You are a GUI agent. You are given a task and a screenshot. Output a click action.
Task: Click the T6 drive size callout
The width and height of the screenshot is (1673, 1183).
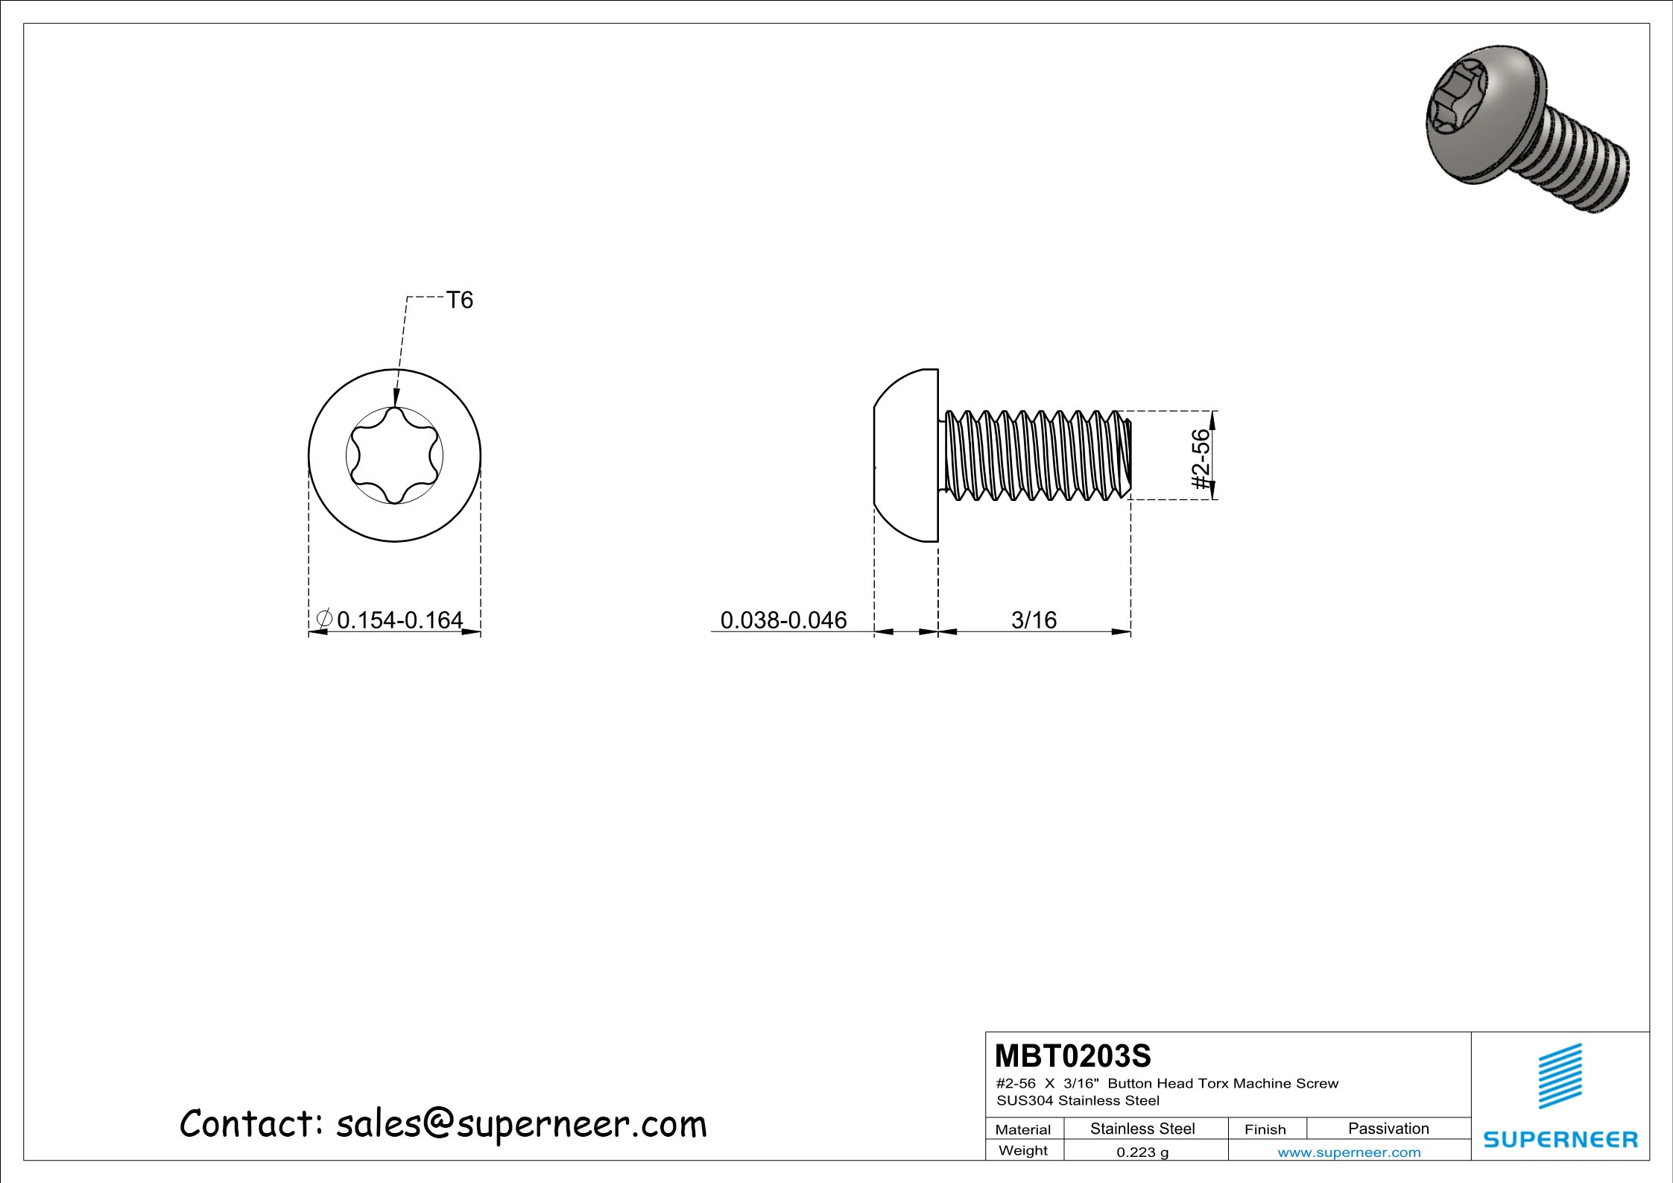[x=459, y=300]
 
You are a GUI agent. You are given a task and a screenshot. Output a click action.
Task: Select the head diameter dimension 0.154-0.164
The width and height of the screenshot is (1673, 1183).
[x=399, y=619]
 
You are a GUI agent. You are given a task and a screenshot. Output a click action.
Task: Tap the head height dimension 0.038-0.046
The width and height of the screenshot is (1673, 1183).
[x=783, y=619]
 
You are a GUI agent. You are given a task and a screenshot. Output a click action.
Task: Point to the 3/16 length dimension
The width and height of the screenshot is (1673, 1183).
[x=1034, y=619]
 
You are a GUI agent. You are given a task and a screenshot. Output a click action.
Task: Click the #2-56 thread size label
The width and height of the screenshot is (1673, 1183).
[x=1201, y=459]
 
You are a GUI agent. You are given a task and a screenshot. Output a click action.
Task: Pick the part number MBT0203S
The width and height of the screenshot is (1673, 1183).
[x=1072, y=1056]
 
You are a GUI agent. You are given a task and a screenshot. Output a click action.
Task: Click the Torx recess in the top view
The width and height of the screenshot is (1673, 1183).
[x=394, y=455]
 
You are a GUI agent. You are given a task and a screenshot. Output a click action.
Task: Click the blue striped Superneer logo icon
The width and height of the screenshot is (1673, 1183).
[x=1560, y=1075]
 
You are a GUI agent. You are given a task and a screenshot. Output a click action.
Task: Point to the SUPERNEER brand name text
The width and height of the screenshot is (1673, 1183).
[x=1560, y=1139]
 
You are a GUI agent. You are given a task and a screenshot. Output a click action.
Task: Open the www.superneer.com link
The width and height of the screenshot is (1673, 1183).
[x=1349, y=1152]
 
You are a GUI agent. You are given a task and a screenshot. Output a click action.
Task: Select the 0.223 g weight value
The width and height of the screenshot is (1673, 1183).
[x=1142, y=1152]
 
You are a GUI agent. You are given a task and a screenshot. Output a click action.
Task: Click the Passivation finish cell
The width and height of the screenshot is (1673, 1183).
[x=1388, y=1129]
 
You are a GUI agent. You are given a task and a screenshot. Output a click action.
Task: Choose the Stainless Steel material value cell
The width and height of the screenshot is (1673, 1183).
[x=1142, y=1129]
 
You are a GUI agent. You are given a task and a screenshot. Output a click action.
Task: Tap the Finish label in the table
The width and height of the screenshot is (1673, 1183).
[x=1265, y=1129]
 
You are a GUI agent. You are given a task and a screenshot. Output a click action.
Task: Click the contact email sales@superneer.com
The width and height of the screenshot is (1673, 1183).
[x=521, y=1124]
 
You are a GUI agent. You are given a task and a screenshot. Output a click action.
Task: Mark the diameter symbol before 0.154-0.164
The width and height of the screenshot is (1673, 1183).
[x=324, y=619]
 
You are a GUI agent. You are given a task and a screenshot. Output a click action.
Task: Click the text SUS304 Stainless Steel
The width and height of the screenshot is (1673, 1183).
[x=1078, y=1100]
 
